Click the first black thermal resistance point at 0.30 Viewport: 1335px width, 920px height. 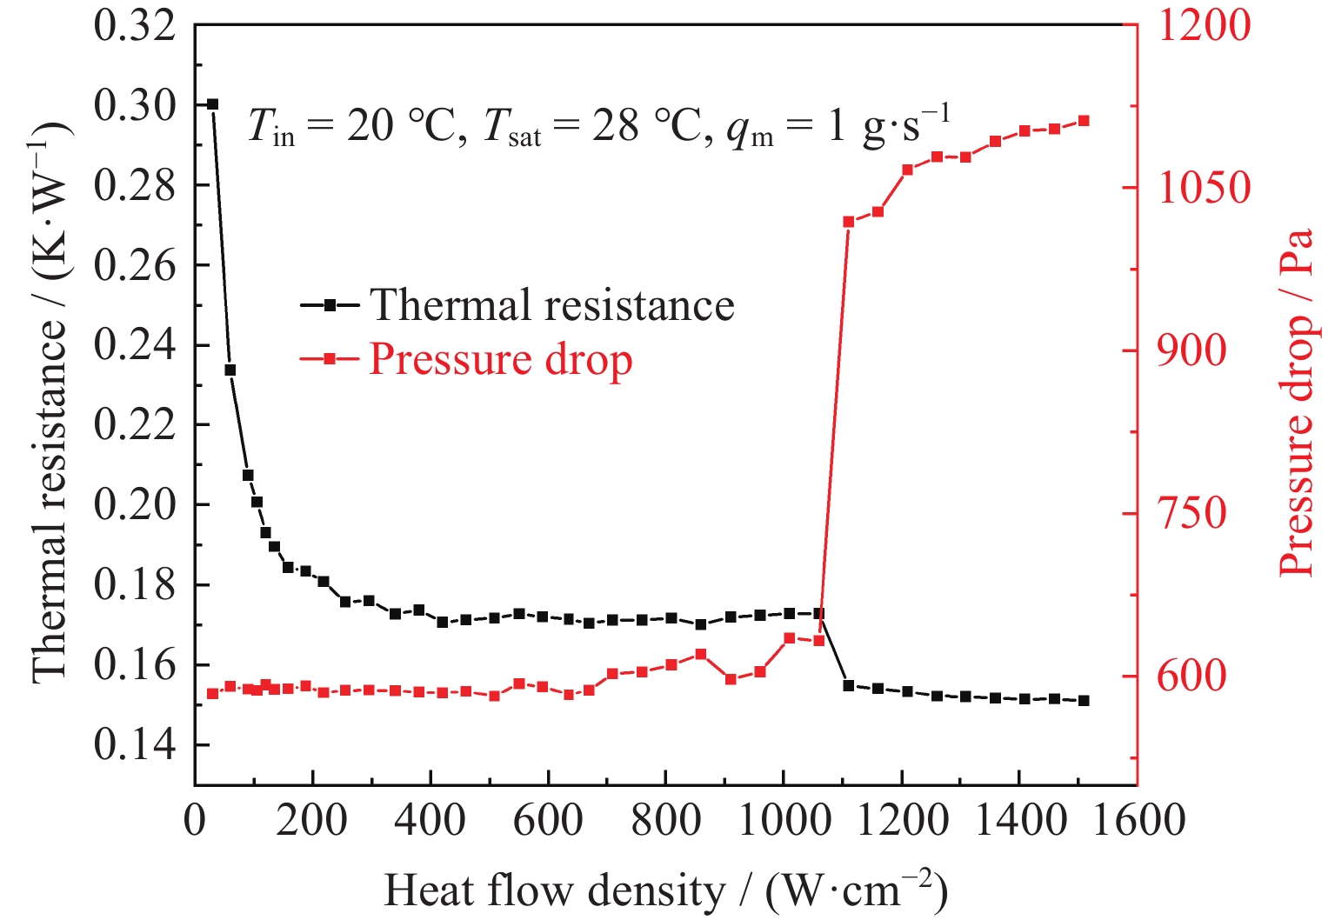(x=212, y=104)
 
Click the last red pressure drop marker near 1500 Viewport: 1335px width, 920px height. (x=1084, y=121)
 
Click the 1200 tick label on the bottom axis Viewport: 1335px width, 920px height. (x=902, y=820)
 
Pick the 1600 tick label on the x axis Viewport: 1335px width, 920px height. (x=1137, y=820)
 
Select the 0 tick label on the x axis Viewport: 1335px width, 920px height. (x=195, y=820)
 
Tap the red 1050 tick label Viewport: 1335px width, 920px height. (x=1204, y=188)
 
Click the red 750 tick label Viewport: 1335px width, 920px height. (x=1191, y=513)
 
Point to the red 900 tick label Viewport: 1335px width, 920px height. (x=1191, y=350)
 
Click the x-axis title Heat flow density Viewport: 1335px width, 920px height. (x=665, y=890)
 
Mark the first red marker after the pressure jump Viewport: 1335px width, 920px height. (x=849, y=222)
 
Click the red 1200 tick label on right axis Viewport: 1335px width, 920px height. (x=1204, y=26)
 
